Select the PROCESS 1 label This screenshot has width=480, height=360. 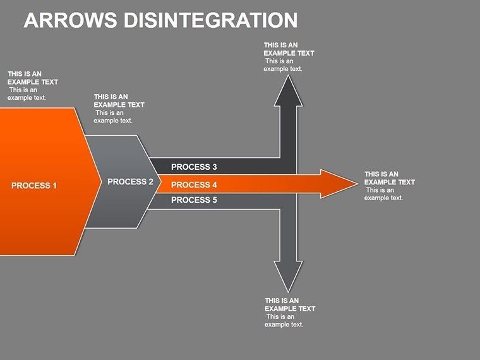[34, 186]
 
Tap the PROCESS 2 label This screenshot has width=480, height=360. [130, 182]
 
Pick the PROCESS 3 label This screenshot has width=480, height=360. [194, 167]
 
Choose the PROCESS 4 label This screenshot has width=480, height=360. [194, 185]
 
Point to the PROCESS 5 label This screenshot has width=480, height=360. [194, 200]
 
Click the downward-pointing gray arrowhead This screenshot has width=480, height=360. [288, 277]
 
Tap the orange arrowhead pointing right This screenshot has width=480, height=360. [341, 184]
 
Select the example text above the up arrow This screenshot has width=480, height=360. [289, 57]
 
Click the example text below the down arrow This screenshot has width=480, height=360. [289, 312]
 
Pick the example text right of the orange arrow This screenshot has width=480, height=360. [389, 186]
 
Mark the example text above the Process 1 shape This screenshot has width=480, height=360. [32, 85]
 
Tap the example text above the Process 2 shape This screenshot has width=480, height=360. [119, 108]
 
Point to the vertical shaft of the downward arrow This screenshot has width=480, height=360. [288, 234]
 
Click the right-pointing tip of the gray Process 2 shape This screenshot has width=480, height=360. [158, 182]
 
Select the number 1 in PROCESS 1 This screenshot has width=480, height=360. [54, 186]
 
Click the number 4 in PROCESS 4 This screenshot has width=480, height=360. [214, 185]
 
